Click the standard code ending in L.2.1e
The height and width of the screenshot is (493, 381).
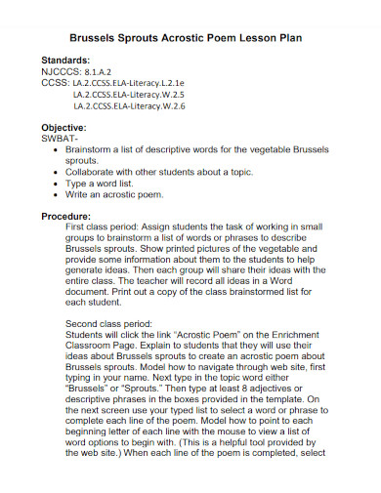click(129, 83)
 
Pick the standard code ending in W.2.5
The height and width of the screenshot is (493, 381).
click(128, 95)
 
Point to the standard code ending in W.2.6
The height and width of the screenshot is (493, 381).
click(128, 106)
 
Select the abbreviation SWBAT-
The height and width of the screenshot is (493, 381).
click(62, 139)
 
